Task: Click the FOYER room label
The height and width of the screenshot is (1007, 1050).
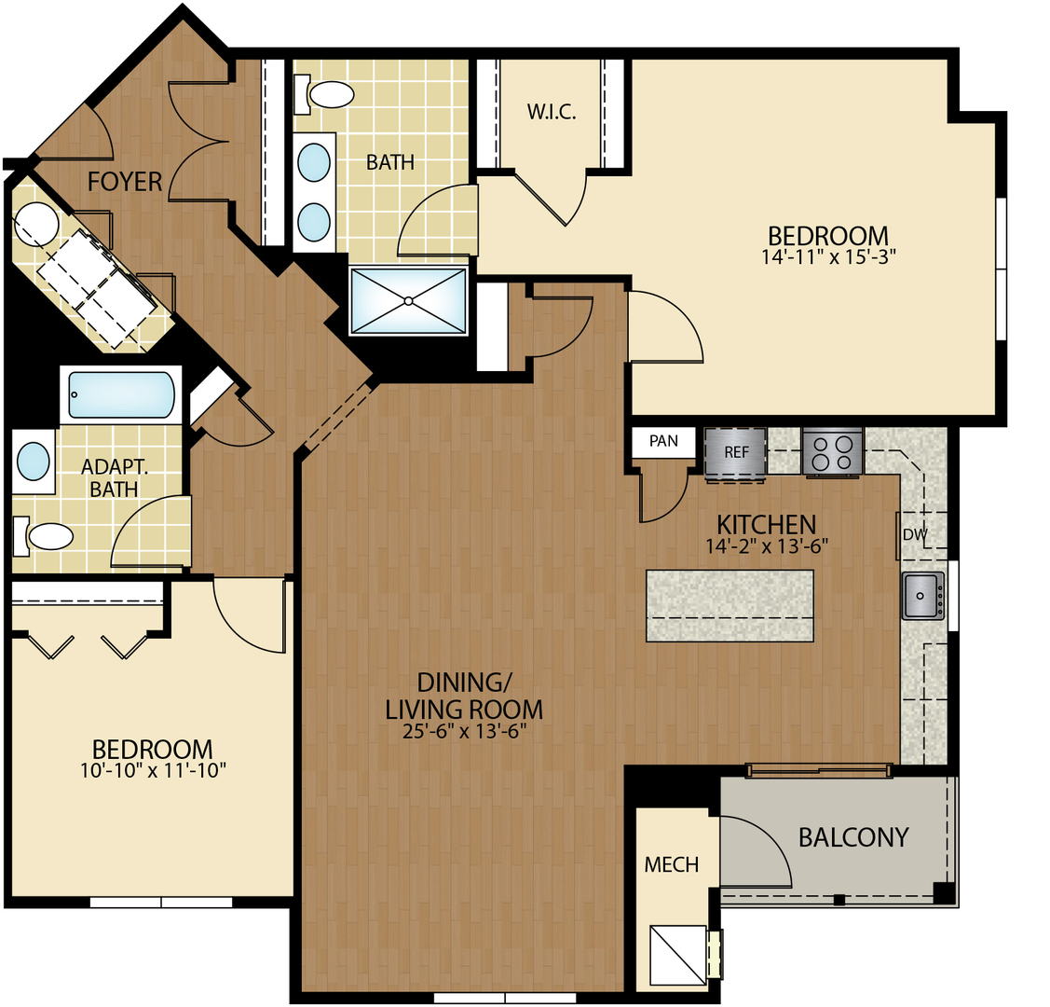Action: click(x=125, y=181)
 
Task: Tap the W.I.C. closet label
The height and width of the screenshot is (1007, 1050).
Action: click(x=552, y=113)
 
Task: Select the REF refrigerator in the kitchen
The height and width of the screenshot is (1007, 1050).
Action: click(x=736, y=452)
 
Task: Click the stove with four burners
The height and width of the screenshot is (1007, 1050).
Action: click(x=832, y=452)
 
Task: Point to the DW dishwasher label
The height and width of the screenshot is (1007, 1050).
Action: click(x=915, y=535)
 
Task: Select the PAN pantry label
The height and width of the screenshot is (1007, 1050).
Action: click(x=663, y=441)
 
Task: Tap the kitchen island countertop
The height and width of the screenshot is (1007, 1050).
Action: click(x=729, y=605)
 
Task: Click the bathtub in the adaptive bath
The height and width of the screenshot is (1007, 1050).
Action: click(x=121, y=394)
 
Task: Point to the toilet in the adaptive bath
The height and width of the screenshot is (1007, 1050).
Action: click(x=47, y=536)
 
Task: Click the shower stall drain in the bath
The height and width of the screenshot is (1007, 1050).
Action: click(x=408, y=300)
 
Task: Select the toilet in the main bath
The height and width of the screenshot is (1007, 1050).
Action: click(x=327, y=93)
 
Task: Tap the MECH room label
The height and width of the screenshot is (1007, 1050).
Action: click(x=671, y=864)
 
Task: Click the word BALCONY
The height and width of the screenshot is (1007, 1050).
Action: click(x=852, y=836)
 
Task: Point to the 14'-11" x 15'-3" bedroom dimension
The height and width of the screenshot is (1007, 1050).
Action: click(x=827, y=257)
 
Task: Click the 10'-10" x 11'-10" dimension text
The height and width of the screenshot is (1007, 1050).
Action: click(x=153, y=770)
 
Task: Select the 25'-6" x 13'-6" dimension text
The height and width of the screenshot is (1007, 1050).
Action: click(x=464, y=731)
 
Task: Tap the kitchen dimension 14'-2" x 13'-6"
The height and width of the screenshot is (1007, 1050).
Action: click(x=766, y=546)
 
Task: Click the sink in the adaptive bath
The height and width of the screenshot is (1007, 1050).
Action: click(x=34, y=461)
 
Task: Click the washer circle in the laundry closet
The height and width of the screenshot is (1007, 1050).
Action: click(x=37, y=224)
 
